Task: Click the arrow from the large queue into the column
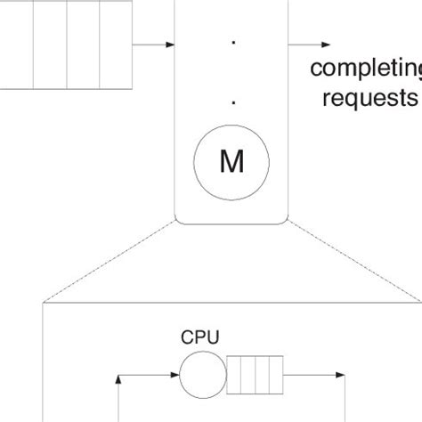pos(157,45)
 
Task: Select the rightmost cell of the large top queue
pos(115,45)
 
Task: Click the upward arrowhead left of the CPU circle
pos(120,379)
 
